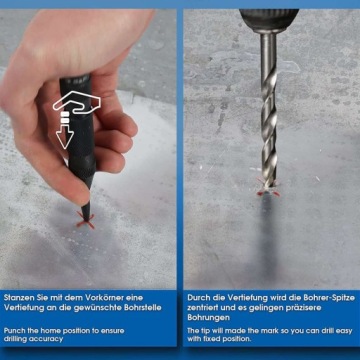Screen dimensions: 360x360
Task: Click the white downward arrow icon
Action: (65, 136)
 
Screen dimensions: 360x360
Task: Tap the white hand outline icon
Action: (77, 102)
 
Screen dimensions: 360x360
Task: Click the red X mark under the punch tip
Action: (85, 220)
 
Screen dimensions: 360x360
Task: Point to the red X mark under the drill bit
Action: (268, 188)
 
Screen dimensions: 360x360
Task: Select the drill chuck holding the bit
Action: (269, 20)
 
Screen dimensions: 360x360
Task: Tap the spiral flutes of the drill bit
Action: (269, 128)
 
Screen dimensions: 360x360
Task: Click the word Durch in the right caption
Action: (197, 298)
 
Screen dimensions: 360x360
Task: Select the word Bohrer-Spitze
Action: (330, 298)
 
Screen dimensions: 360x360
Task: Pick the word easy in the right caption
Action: (344, 331)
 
